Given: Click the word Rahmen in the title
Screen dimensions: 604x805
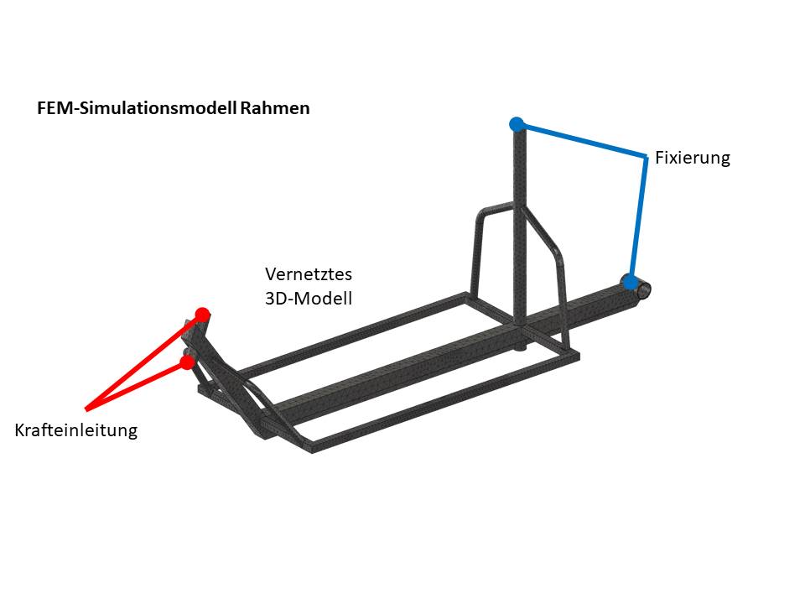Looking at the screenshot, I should (x=275, y=108).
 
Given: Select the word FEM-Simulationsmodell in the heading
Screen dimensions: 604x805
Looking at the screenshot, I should (x=137, y=108).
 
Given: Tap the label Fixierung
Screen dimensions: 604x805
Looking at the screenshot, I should (x=693, y=158).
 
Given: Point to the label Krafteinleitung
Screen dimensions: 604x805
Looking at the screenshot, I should (x=75, y=430).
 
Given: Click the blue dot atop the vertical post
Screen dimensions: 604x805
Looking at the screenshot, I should (x=517, y=124).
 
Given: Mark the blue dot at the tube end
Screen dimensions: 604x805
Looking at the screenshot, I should (x=629, y=281).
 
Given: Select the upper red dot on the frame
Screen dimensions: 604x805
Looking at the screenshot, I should (x=201, y=315).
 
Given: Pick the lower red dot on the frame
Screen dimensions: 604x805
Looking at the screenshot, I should (x=187, y=362).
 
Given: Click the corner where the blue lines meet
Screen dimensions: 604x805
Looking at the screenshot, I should (x=645, y=157).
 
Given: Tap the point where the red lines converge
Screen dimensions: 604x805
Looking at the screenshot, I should (x=86, y=409).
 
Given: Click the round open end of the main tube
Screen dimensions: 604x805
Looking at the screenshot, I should (x=644, y=289).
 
